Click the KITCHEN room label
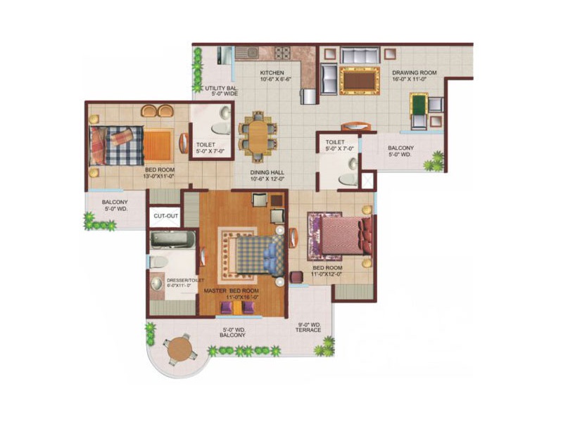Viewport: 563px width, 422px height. click(272, 73)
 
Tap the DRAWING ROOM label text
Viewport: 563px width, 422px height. click(414, 73)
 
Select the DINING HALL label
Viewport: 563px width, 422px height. click(267, 172)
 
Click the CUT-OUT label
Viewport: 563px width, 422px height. click(165, 216)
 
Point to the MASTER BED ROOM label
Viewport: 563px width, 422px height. click(231, 290)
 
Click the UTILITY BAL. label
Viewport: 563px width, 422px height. click(221, 89)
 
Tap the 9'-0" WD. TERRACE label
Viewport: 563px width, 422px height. click(308, 327)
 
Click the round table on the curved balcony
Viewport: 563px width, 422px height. click(180, 350)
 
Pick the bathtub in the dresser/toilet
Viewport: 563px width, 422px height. click(172, 240)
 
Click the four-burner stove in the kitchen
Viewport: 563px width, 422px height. click(282, 53)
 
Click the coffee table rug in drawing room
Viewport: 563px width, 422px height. click(360, 81)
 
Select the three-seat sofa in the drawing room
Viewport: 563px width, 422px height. click(360, 56)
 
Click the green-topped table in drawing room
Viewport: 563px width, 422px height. click(418, 103)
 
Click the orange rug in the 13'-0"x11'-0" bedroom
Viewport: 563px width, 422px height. click(157, 146)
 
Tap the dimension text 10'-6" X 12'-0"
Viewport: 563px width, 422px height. click(267, 179)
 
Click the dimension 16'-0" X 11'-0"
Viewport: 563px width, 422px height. click(409, 79)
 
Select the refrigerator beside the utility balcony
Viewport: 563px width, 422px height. click(224, 56)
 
